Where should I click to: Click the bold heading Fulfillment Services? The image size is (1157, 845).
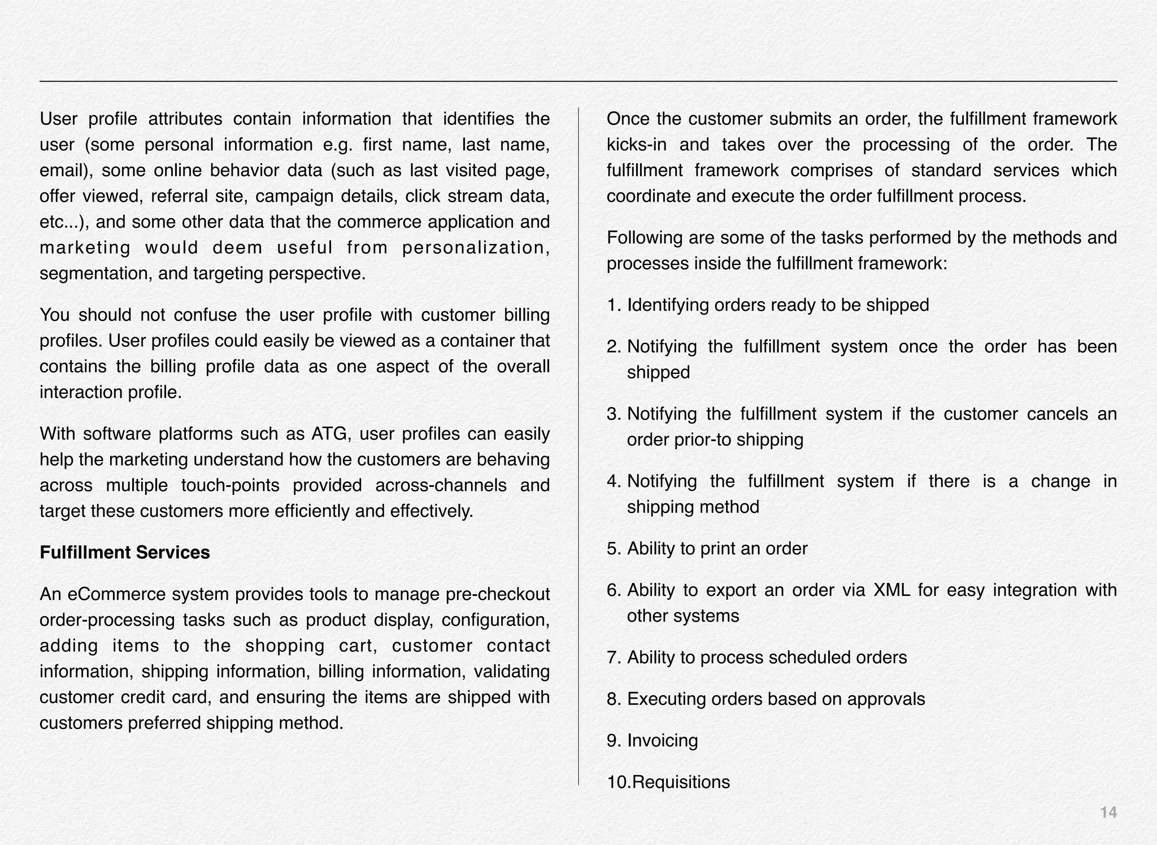pyautogui.click(x=124, y=552)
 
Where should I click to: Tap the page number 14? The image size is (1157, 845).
pyautogui.click(x=1108, y=813)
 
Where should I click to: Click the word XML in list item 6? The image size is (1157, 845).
pyautogui.click(x=892, y=590)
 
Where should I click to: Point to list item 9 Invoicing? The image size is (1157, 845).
pyautogui.click(x=662, y=741)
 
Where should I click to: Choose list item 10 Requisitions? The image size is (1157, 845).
pyautogui.click(x=680, y=782)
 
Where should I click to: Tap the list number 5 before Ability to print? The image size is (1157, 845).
pyautogui.click(x=613, y=548)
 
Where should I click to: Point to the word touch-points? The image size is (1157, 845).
pyautogui.click(x=230, y=485)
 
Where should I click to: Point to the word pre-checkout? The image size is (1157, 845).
pyautogui.click(x=497, y=594)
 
